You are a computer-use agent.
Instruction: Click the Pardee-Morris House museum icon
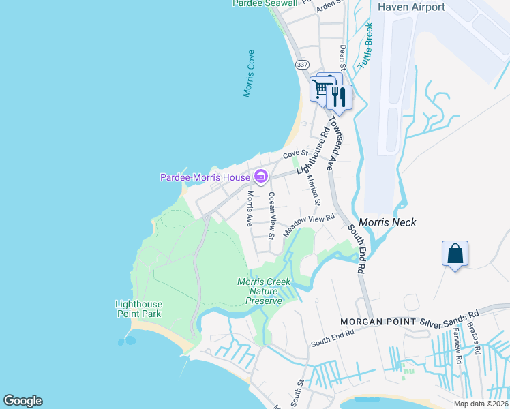pyautogui.click(x=260, y=177)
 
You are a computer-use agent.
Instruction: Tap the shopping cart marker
pyautogui.click(x=320, y=89)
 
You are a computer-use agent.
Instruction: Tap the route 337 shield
pyautogui.click(x=302, y=64)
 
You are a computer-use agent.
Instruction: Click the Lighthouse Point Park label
pyautogui.click(x=138, y=309)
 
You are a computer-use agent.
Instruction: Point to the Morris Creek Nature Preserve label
pyautogui.click(x=264, y=291)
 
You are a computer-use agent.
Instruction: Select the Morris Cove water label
pyautogui.click(x=249, y=73)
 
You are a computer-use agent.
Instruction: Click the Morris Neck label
pyautogui.click(x=387, y=222)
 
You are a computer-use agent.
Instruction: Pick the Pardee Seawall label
pyautogui.click(x=265, y=3)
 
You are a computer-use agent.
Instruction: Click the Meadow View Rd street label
pyautogui.click(x=311, y=225)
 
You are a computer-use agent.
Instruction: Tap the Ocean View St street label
pyautogui.click(x=271, y=215)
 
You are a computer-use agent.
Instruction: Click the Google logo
pyautogui.click(x=22, y=401)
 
